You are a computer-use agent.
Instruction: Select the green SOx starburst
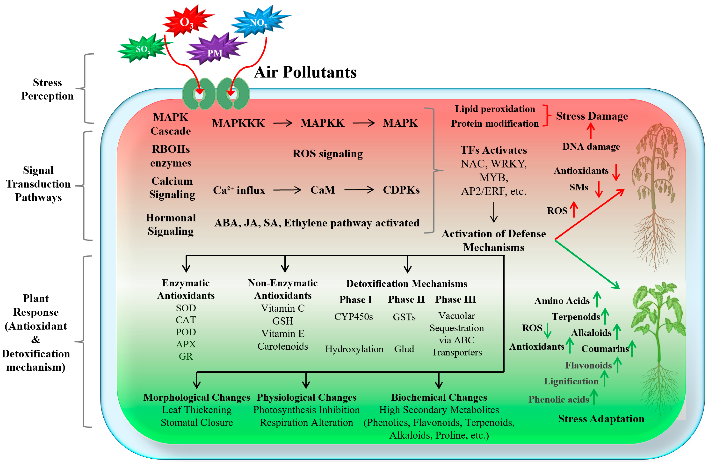(143, 49)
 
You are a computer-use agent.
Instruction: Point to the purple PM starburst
(215, 51)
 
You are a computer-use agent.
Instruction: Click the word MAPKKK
(238, 123)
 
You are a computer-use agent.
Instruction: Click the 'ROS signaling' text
(328, 154)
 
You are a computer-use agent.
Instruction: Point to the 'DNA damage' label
(591, 147)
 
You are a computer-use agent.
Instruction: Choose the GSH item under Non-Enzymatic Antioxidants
(283, 321)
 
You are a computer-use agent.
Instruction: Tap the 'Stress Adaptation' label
(601, 419)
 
